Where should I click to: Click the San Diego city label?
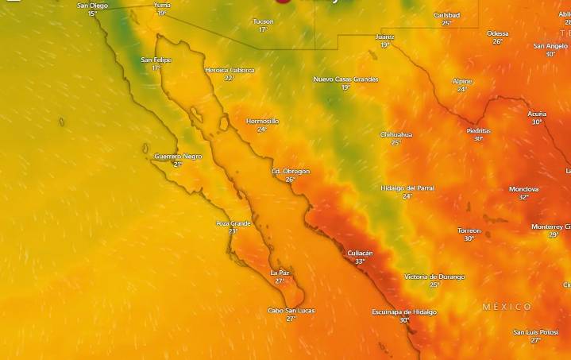pos(92,6)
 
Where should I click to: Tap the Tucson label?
pos(263,21)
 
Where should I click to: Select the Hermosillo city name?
pos(262,121)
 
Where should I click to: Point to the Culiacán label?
pos(361,253)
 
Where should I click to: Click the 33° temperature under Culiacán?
pos(361,261)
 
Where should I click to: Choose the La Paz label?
pos(280,273)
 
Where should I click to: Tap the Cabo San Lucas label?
pos(291,310)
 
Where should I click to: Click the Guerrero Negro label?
pos(178,156)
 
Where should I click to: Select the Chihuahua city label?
pos(396,134)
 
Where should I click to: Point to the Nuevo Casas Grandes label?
pos(345,79)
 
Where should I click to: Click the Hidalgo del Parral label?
pos(407,188)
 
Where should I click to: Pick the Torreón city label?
pos(469,230)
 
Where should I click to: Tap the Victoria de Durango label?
pos(434,276)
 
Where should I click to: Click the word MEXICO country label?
pos(507,307)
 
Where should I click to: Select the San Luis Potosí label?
pos(536,331)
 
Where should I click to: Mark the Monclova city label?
pos(523,188)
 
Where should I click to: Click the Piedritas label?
pos(478,130)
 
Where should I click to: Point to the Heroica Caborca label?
pos(230,70)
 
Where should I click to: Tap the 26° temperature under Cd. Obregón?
pos(291,180)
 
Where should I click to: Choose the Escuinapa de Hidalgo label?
pos(404,312)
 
